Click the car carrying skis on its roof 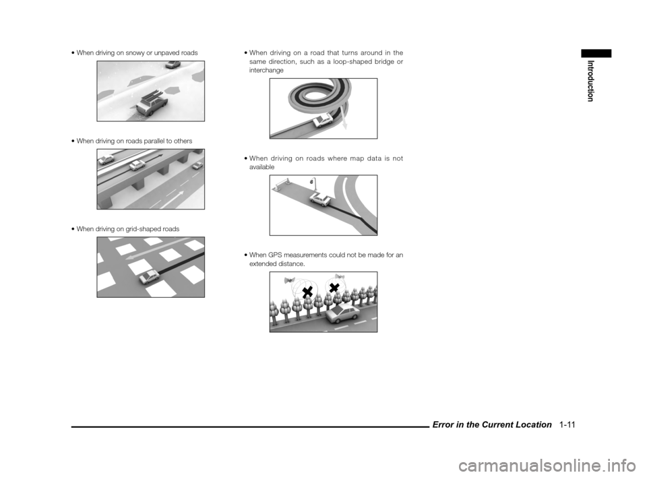coord(150,103)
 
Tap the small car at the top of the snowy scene coord(173,65)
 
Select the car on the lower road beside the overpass coord(197,166)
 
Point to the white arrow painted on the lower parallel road coord(173,199)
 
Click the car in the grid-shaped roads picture coord(149,277)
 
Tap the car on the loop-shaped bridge coord(322,120)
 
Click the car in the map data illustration coord(319,199)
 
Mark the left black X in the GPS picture coord(307,292)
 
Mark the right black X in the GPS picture coord(334,287)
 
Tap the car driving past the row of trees coord(342,315)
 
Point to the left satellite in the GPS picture coord(289,280)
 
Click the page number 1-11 coord(567,424)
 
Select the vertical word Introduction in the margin coord(590,81)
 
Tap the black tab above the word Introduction coord(596,53)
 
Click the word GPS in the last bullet coord(275,255)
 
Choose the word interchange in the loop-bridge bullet coord(266,71)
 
